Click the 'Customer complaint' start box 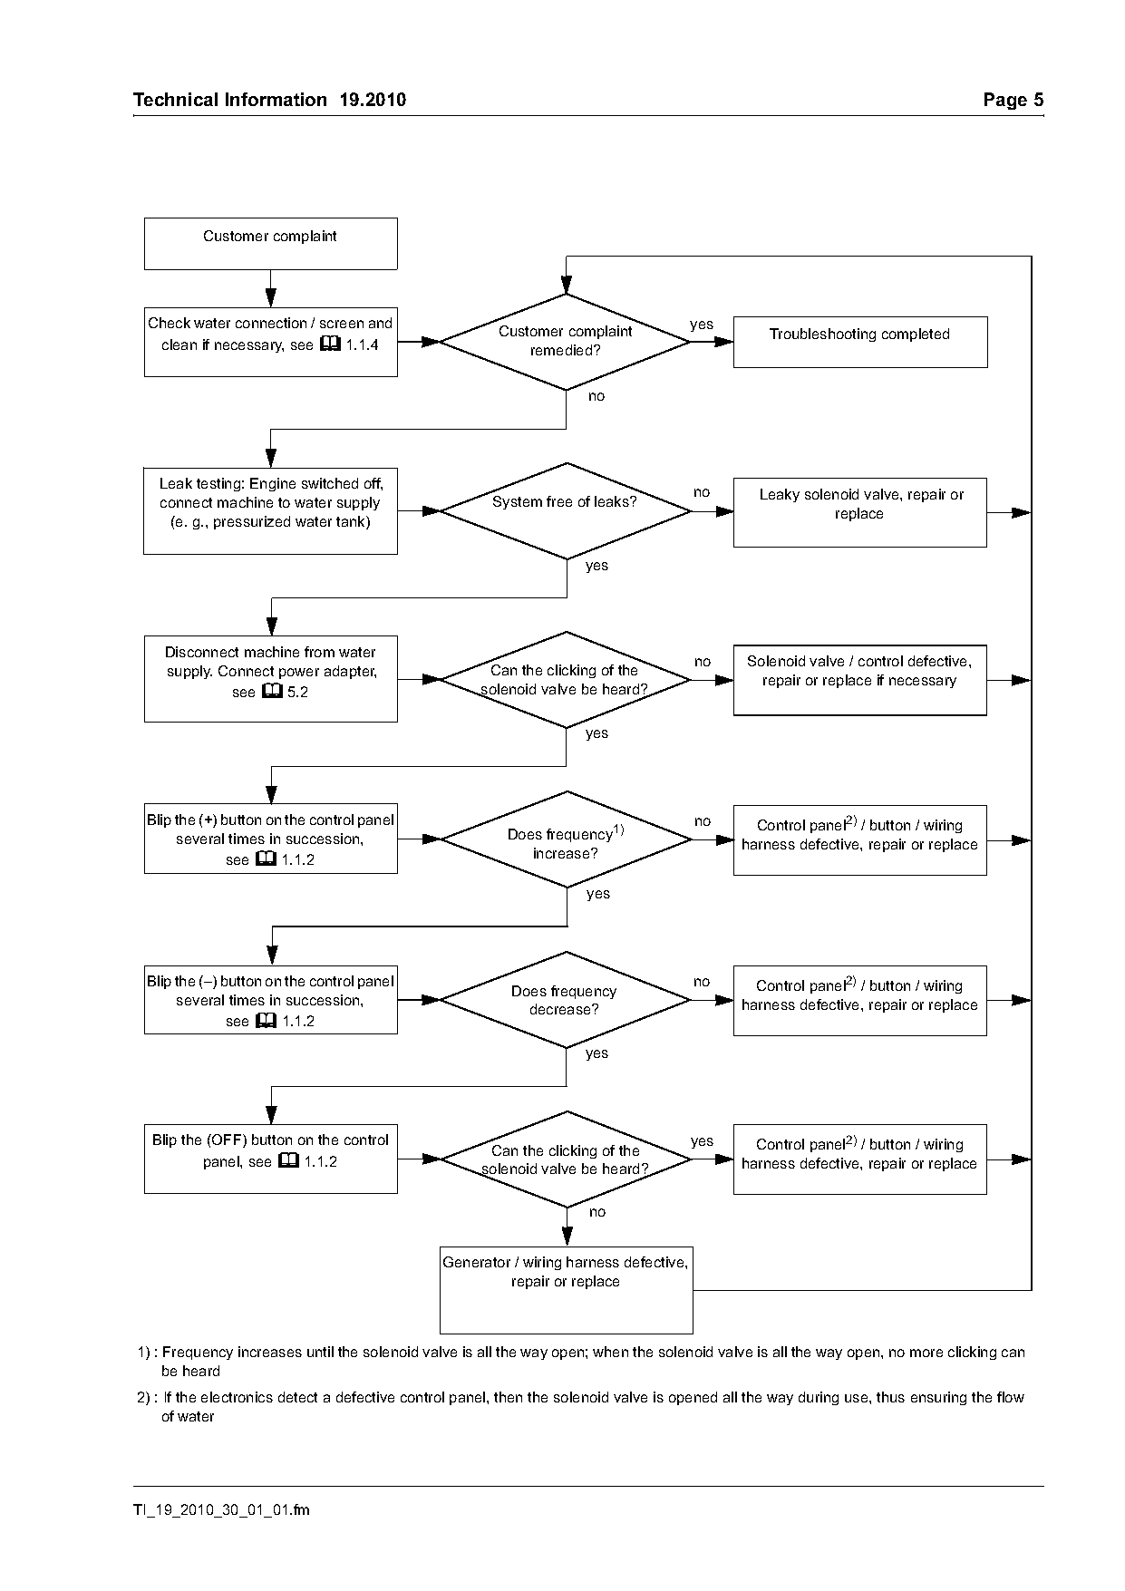[x=270, y=243]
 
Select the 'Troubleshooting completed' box [x=859, y=342]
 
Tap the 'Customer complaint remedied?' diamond [x=566, y=342]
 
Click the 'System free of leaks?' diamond [x=566, y=511]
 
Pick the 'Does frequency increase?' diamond [x=566, y=839]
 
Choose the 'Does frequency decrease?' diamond [x=566, y=1000]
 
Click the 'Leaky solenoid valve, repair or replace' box [x=859, y=512]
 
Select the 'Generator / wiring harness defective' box [x=566, y=1290]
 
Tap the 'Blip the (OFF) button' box [x=270, y=1159]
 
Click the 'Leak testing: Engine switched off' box [x=270, y=510]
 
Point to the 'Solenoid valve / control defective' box [x=859, y=680]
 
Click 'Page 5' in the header [x=1013, y=100]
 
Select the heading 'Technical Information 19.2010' [x=269, y=100]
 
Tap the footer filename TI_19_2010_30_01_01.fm [x=221, y=1509]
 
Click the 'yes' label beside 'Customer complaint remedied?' [x=702, y=325]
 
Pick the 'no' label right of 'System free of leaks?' [x=702, y=492]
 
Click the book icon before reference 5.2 [x=272, y=692]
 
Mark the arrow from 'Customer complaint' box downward [x=270, y=288]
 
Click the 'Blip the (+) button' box [x=270, y=839]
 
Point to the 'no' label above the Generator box [x=596, y=1212]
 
